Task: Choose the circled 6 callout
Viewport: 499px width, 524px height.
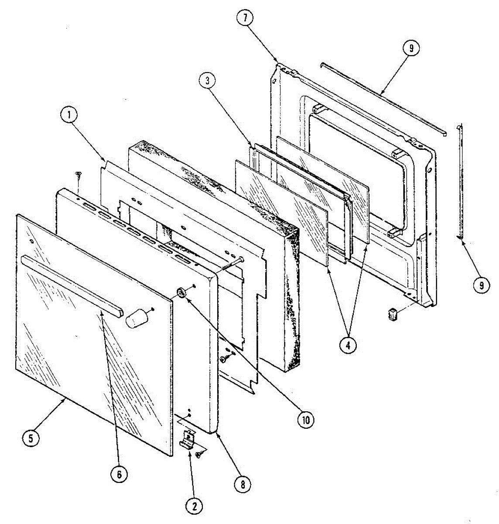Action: coord(119,474)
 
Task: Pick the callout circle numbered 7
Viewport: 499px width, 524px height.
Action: coord(245,18)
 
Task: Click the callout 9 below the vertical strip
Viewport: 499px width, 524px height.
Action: coord(481,285)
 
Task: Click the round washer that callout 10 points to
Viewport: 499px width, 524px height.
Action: coord(181,293)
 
